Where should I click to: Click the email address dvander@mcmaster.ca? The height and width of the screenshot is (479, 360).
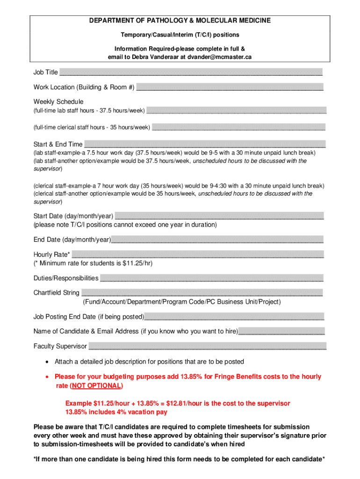click(x=220, y=57)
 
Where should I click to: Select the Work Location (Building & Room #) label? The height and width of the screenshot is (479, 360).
click(x=84, y=87)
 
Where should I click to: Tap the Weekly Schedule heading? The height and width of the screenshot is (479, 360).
click(x=58, y=102)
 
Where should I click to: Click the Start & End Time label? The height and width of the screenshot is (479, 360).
click(x=58, y=144)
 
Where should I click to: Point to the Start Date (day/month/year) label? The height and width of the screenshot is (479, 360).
click(x=73, y=216)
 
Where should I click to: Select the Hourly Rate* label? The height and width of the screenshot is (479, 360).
click(x=52, y=254)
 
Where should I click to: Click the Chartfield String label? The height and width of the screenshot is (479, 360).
click(x=56, y=293)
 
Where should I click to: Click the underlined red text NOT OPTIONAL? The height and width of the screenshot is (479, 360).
click(x=96, y=386)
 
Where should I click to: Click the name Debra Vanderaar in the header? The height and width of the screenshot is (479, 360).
click(x=158, y=57)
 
